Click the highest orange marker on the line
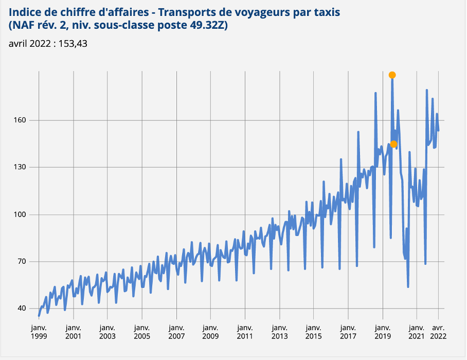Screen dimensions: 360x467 point(392,75)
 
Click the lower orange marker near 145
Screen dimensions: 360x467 point(393,144)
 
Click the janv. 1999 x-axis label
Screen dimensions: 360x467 point(39,331)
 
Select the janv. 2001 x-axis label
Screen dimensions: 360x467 point(73,331)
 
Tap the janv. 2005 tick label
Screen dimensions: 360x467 point(142,331)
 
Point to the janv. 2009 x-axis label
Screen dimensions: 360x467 point(210,331)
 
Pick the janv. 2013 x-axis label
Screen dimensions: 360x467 point(279,331)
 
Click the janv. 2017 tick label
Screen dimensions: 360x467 point(348,331)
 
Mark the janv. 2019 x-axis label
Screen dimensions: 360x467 point(382,331)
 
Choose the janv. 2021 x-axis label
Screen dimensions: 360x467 point(417,331)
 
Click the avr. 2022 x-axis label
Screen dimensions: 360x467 point(439,331)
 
